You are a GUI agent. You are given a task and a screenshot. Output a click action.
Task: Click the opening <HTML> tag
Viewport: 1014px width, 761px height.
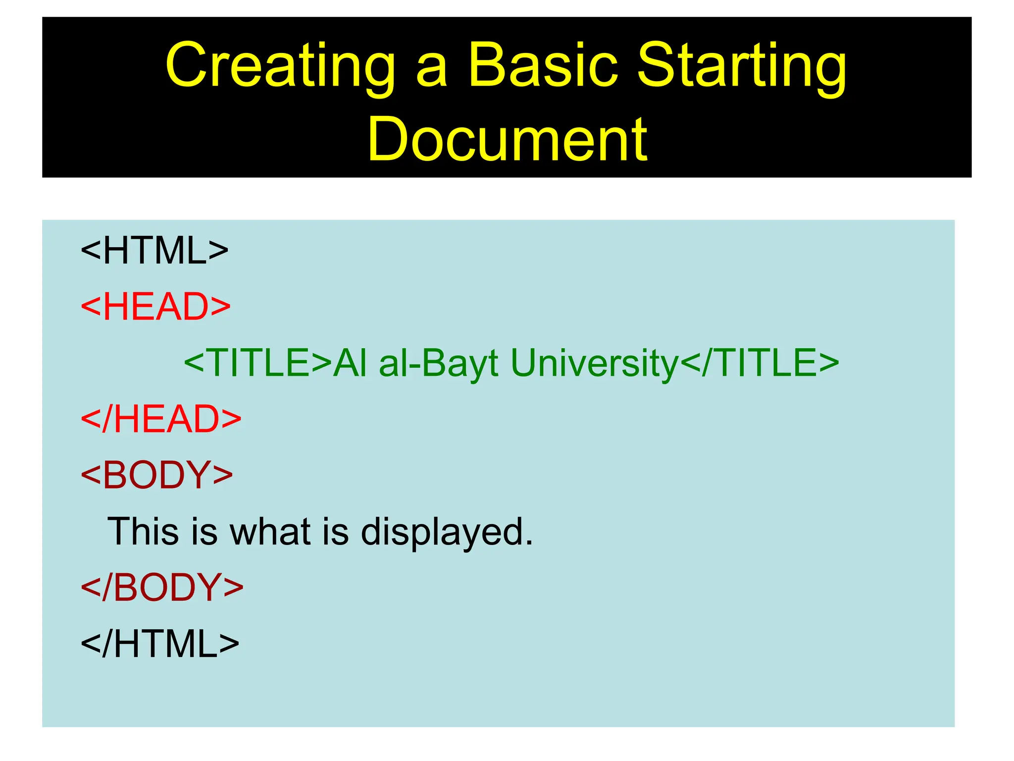click(154, 251)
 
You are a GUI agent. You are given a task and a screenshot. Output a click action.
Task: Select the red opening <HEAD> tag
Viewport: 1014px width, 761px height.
click(155, 307)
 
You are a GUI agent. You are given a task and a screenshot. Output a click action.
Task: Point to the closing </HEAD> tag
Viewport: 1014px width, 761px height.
click(161, 419)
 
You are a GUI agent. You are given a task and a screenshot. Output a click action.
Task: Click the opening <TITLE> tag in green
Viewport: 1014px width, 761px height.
click(257, 363)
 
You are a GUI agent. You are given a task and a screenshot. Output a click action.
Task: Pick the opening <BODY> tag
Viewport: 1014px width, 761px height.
click(156, 475)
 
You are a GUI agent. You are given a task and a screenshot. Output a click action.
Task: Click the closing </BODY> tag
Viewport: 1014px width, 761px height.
click(162, 588)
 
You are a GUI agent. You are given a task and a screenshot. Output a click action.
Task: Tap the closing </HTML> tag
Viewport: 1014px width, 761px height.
click(160, 644)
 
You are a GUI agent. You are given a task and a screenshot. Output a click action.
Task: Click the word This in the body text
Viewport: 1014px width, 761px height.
click(143, 532)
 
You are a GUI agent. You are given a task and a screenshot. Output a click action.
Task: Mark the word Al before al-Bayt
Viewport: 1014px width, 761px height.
click(350, 363)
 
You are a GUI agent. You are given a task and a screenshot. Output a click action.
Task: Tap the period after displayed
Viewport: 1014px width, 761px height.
click(529, 543)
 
